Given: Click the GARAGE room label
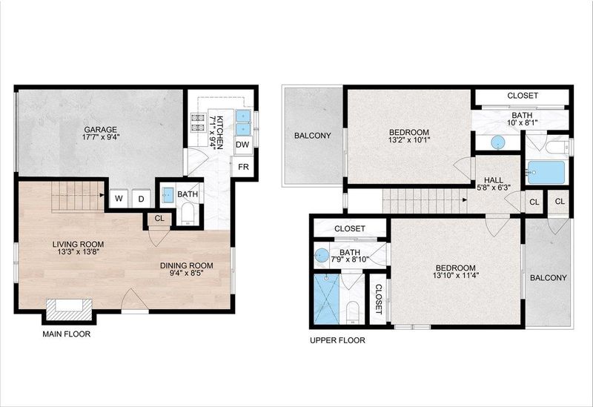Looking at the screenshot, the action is pos(101,129).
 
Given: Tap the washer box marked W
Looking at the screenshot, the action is pos(119,198).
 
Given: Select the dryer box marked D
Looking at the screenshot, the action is pos(141,198).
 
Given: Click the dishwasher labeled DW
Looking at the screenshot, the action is pos(242,145).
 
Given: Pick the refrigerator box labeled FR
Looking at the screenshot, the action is pos(244,166).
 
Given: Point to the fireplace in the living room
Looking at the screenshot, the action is pos(69,309).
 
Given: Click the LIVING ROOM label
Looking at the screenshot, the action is pos(79,245).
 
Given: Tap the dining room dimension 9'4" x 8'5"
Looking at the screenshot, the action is pos(187,273).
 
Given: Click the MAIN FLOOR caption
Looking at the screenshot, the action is pos(67,334).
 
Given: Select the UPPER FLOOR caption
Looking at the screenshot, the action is pos(338,340).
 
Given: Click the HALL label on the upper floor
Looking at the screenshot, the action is pos(494,180).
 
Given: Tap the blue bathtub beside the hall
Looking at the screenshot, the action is pos(546,173).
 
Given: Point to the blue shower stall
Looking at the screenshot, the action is pos(326,300).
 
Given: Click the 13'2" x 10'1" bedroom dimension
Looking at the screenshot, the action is pos(409,139).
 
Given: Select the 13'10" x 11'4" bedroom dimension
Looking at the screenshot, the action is pos(456,275).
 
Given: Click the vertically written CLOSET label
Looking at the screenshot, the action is pos(379,300).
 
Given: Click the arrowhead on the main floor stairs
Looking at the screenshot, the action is pos(102,195).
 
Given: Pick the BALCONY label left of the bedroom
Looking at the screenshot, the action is pos(313,136).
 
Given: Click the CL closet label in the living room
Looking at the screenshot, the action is pos(159,218).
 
